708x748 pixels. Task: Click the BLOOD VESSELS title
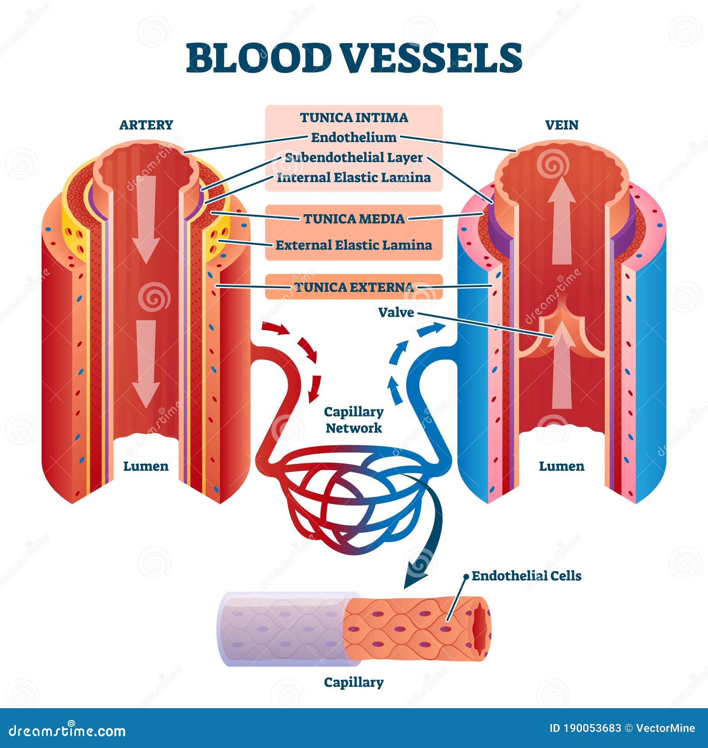[x=354, y=58]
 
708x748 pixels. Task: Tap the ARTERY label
[x=146, y=125]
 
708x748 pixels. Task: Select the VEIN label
[x=562, y=125]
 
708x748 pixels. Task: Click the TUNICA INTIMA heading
[x=354, y=118]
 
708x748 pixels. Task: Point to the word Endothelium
[x=354, y=138]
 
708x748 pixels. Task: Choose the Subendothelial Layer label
[x=354, y=158]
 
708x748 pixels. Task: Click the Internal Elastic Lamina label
[x=354, y=178]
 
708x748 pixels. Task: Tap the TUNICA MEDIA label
[x=354, y=219]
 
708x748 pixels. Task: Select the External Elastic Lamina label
[x=354, y=245]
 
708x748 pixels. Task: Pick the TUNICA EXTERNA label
[x=354, y=287]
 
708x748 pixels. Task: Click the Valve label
[x=396, y=313]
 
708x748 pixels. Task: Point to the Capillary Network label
[x=354, y=420]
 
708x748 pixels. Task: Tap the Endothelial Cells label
[x=527, y=576]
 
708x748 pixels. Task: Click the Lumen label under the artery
[x=146, y=467]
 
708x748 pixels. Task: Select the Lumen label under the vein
[x=562, y=467]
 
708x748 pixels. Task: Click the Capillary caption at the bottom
[x=354, y=682]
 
